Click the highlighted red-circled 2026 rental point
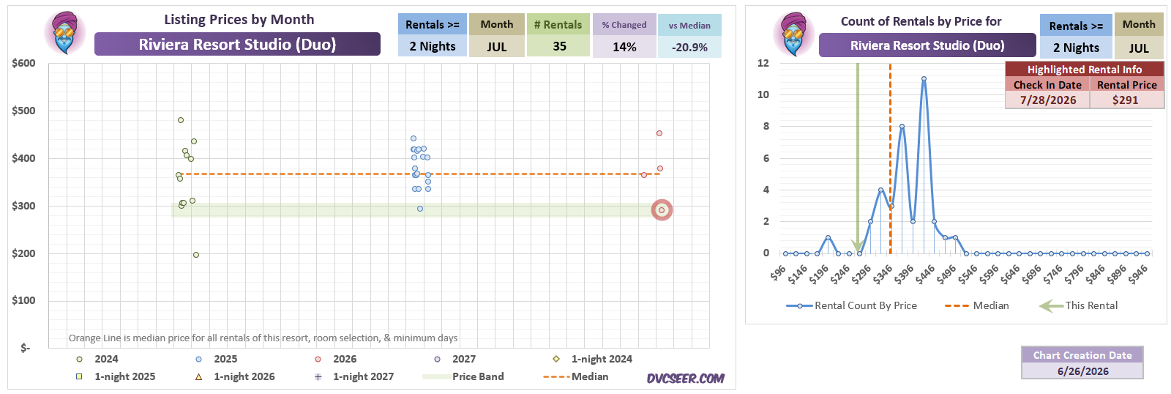click(662, 210)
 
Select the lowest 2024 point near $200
click(196, 255)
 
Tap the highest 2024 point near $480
click(181, 120)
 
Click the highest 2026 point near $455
click(659, 133)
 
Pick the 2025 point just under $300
click(420, 209)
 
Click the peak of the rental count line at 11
click(924, 79)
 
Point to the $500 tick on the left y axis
click(24, 111)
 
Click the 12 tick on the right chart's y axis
click(763, 63)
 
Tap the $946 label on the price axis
click(1137, 274)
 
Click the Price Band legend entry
click(463, 376)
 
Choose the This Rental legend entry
click(1079, 305)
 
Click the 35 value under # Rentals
click(559, 47)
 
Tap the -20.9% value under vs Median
click(689, 47)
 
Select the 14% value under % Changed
click(624, 47)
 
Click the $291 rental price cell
click(1126, 100)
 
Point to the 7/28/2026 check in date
click(1047, 100)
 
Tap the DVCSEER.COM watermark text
click(685, 379)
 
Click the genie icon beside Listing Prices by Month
click(65, 32)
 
